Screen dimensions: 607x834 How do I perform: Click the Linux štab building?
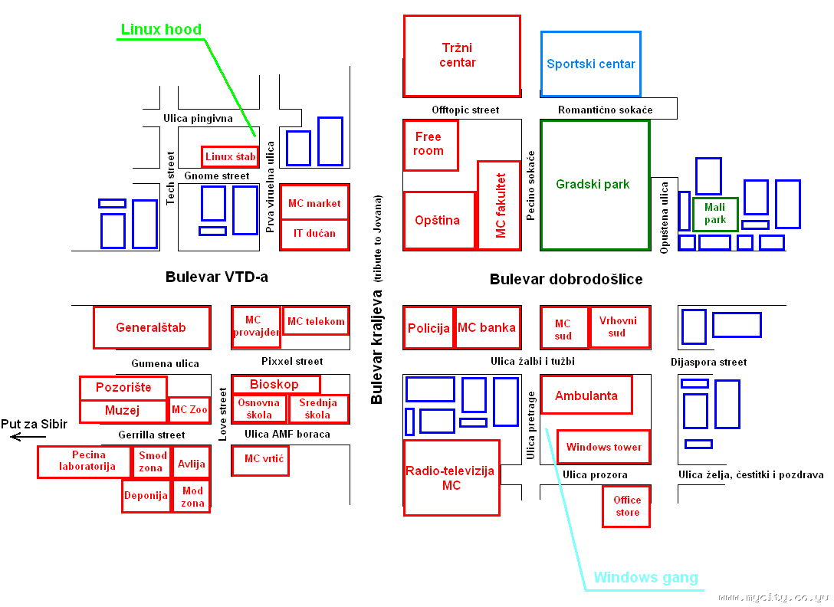click(230, 156)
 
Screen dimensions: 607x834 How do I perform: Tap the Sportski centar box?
click(590, 64)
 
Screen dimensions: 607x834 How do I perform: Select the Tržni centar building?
click(461, 55)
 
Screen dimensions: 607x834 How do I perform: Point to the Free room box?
click(430, 144)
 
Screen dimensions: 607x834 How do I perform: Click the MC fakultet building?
click(499, 205)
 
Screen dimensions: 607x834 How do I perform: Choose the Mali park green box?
click(715, 214)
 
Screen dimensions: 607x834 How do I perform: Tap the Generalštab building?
click(151, 327)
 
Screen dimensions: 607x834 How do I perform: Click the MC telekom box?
click(316, 321)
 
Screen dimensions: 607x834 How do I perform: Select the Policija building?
click(428, 328)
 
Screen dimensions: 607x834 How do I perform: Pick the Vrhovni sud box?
click(618, 326)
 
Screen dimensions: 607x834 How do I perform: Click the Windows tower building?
click(603, 447)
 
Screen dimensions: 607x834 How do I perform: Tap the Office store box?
click(626, 506)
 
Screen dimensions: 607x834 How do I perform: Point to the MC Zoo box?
click(189, 410)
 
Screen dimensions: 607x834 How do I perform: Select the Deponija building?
click(146, 496)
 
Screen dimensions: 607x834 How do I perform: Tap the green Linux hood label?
click(161, 30)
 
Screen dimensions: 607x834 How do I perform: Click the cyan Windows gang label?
click(645, 577)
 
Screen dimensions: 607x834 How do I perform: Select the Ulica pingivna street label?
click(198, 119)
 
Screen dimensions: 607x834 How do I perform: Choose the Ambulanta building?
click(586, 395)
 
